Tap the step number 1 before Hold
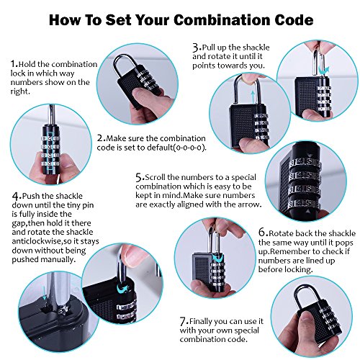[14, 64]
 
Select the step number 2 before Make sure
[101, 138]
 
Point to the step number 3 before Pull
[196, 48]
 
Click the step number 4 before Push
[16, 197]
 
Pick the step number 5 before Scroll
[139, 178]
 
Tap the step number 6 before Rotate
[262, 233]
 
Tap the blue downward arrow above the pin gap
[44, 293]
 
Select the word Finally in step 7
[201, 322]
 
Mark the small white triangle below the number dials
[308, 212]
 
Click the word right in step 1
[19, 91]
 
